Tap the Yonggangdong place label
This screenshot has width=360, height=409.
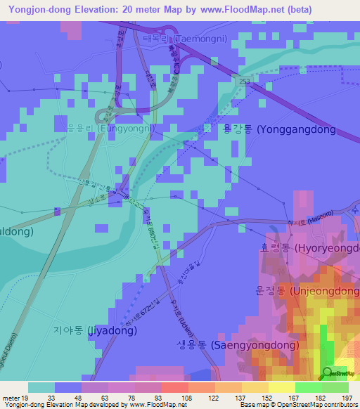click(279, 129)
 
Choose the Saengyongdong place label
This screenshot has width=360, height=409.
click(230, 345)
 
